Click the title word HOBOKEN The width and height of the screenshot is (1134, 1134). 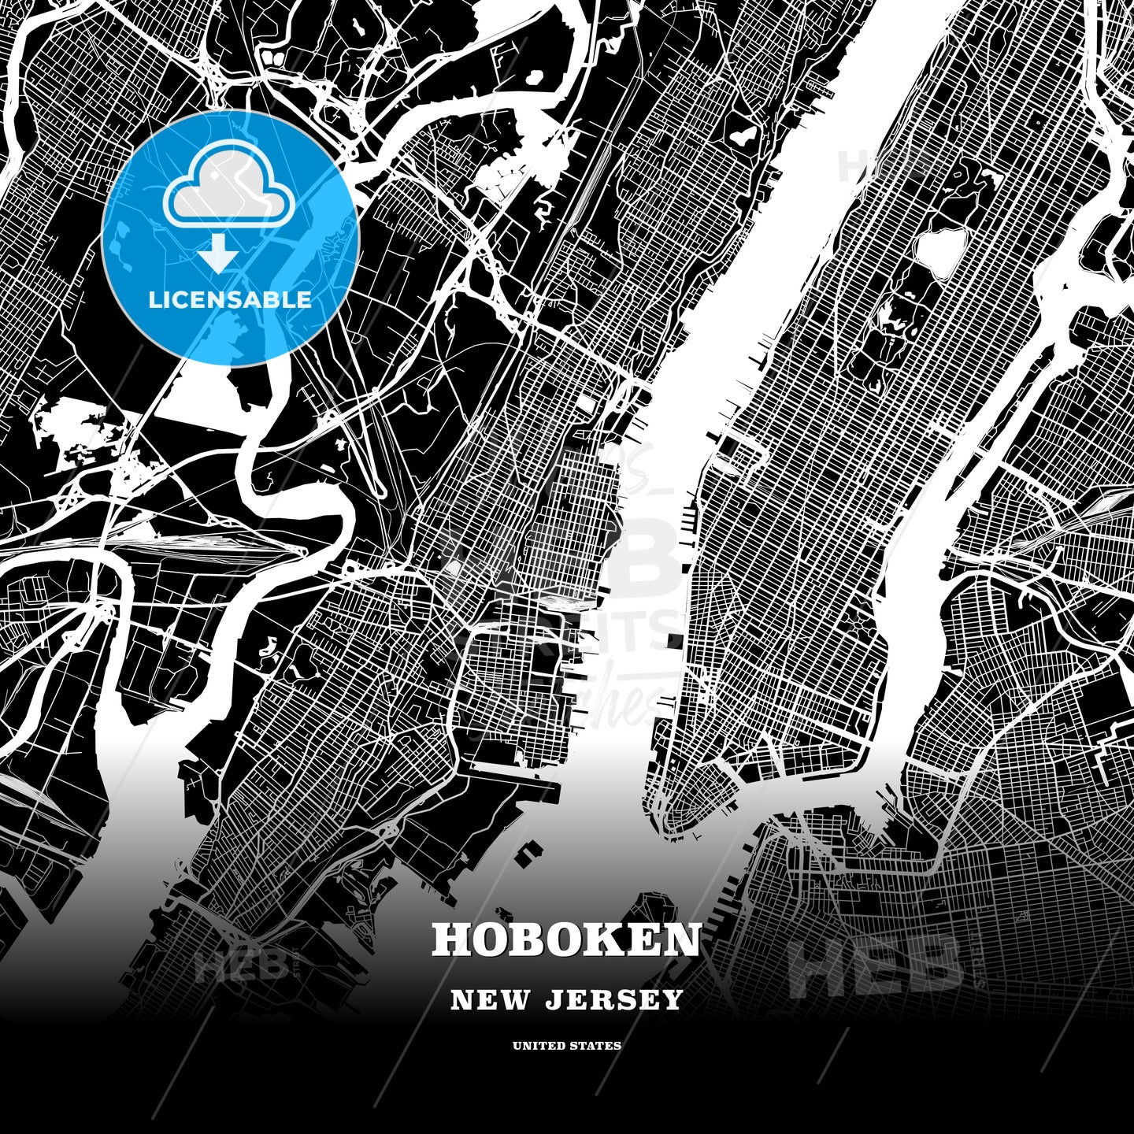[x=566, y=939]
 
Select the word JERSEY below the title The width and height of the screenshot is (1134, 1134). [x=613, y=1000]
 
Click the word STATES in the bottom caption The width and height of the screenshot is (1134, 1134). [x=598, y=1046]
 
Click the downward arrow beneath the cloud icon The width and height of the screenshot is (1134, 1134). [x=218, y=254]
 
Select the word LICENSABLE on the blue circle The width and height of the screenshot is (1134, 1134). [x=230, y=299]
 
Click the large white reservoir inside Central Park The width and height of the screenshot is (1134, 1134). [x=940, y=251]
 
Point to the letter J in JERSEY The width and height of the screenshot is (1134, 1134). [x=552, y=1000]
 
